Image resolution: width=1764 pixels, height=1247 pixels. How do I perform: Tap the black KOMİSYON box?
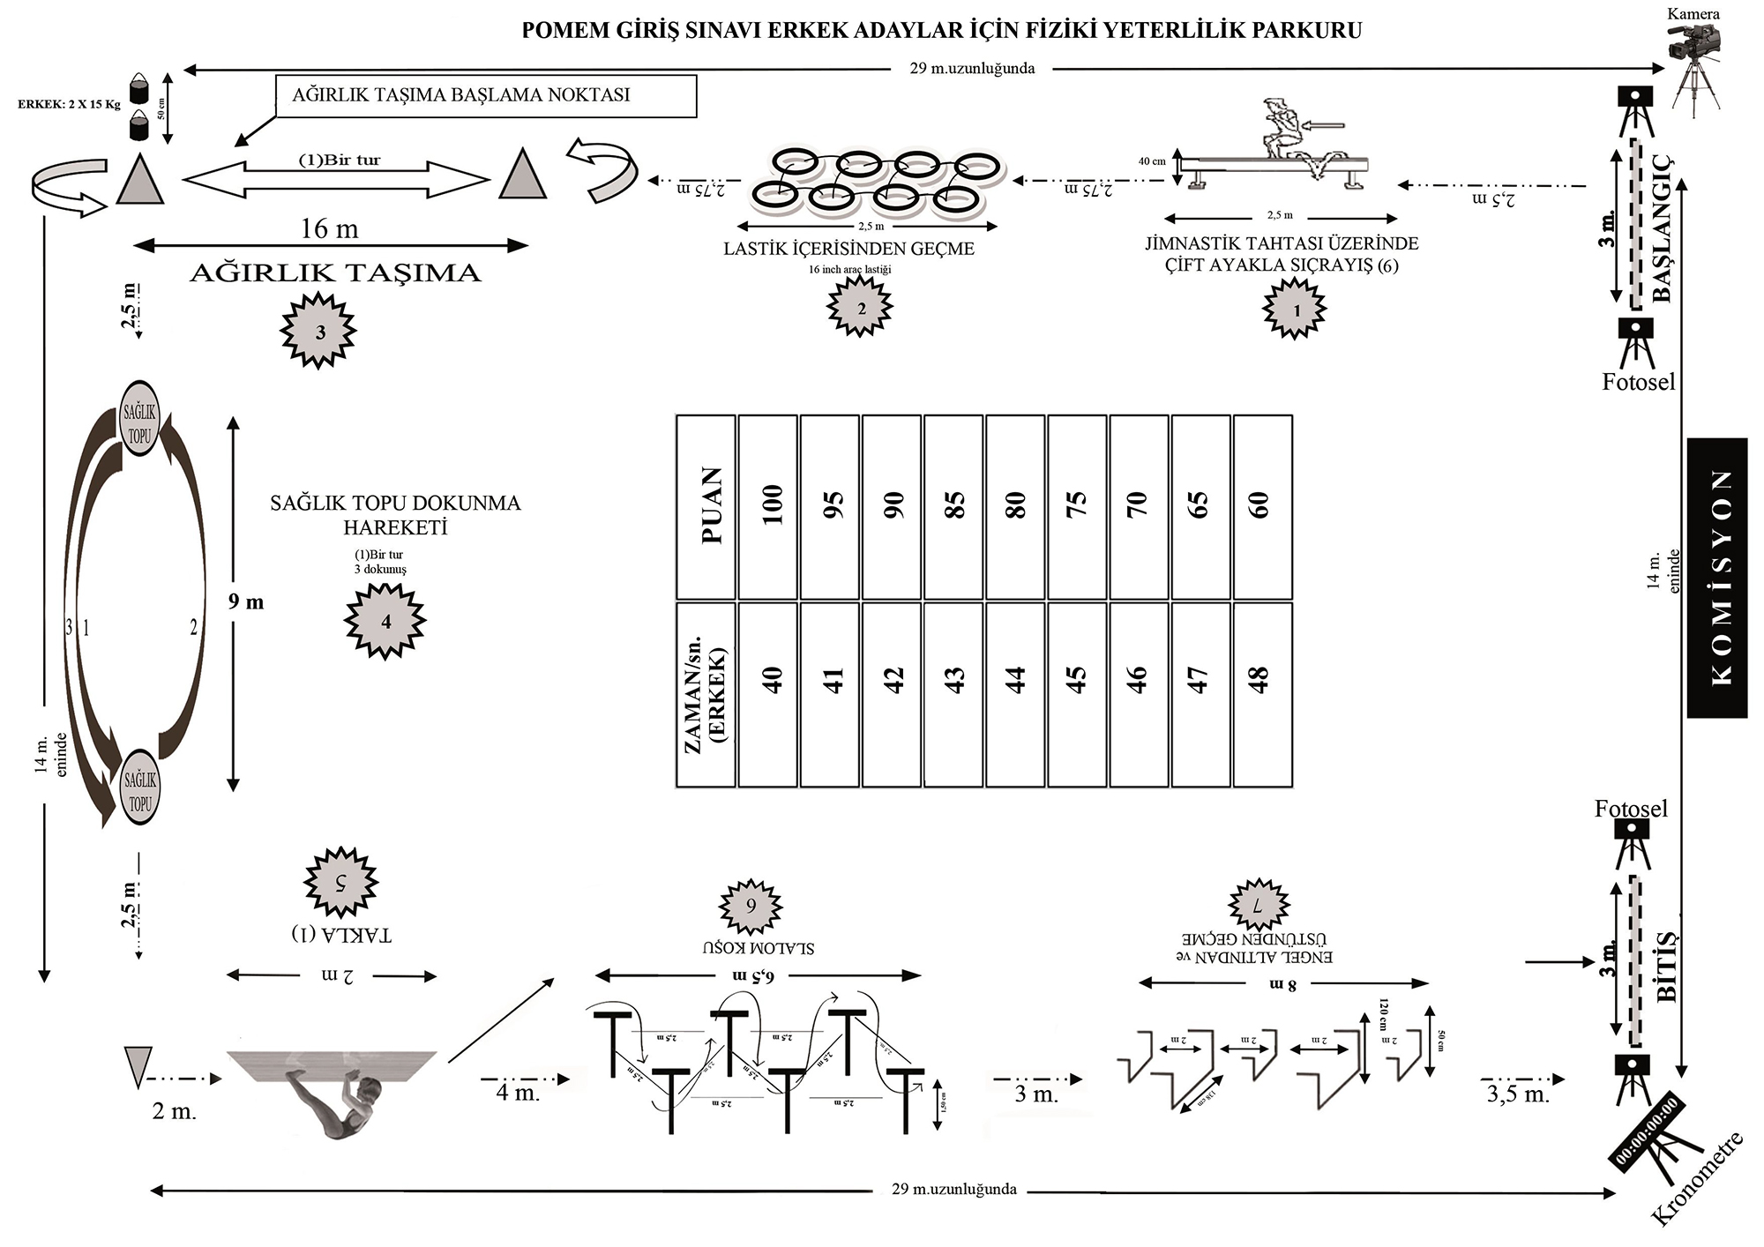pos(1716,578)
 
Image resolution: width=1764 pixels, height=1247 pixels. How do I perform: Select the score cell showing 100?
pos(768,507)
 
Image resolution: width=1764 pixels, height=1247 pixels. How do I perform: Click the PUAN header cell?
pos(706,507)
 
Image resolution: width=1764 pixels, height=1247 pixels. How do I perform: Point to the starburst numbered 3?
pos(319,332)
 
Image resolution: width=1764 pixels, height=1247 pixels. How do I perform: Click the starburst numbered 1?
pos(1295,310)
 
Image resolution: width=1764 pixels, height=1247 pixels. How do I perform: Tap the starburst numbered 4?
pos(385,622)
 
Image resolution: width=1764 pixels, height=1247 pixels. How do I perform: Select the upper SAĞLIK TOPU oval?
pos(140,418)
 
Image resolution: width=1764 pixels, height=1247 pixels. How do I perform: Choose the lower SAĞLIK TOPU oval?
pos(140,787)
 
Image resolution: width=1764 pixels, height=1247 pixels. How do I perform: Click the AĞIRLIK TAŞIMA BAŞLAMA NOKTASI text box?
pos(487,95)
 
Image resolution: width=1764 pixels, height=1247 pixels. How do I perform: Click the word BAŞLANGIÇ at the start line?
pos(1661,228)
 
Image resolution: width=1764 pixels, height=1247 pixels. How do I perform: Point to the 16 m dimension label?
pos(329,229)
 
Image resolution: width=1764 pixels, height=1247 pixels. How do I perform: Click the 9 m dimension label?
pos(247,602)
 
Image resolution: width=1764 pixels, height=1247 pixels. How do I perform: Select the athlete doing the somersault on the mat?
pos(340,1109)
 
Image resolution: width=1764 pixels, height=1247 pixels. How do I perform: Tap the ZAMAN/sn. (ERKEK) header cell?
pos(706,694)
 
